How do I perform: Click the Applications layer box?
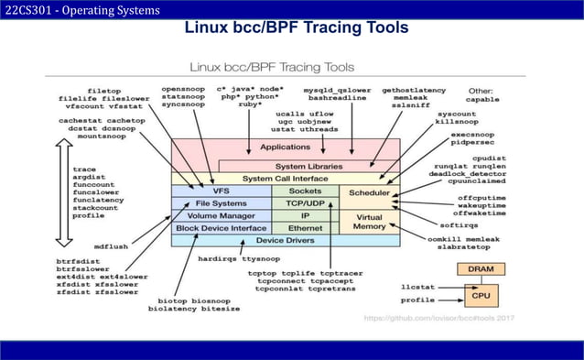click(x=285, y=147)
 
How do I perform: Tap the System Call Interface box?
click(x=285, y=179)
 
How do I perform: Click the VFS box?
click(x=221, y=191)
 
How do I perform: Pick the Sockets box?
click(x=305, y=191)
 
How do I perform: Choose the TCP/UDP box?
click(x=305, y=202)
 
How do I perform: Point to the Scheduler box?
click(x=370, y=193)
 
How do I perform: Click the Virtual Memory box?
click(x=370, y=220)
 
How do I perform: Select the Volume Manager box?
click(x=221, y=215)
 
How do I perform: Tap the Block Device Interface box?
click(x=221, y=227)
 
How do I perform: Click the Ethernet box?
click(x=305, y=227)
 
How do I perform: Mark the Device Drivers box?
click(x=285, y=240)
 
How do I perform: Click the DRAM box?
click(x=480, y=269)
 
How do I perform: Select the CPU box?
click(x=480, y=298)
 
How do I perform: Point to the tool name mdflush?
click(x=112, y=246)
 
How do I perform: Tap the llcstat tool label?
click(x=418, y=286)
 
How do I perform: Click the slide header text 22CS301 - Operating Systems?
click(x=81, y=10)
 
